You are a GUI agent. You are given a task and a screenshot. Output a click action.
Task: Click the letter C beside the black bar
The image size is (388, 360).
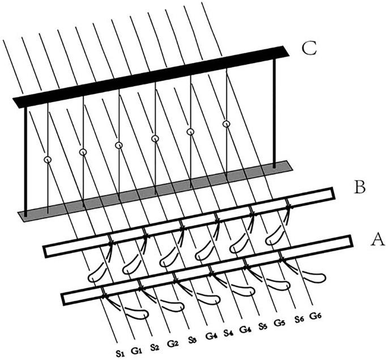tap(309, 48)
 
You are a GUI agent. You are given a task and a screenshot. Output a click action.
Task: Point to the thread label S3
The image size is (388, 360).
tap(192, 341)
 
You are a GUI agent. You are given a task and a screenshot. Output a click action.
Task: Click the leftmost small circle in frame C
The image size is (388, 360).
tap(47, 159)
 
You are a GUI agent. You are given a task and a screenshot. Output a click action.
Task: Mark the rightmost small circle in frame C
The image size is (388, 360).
tap(227, 124)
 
